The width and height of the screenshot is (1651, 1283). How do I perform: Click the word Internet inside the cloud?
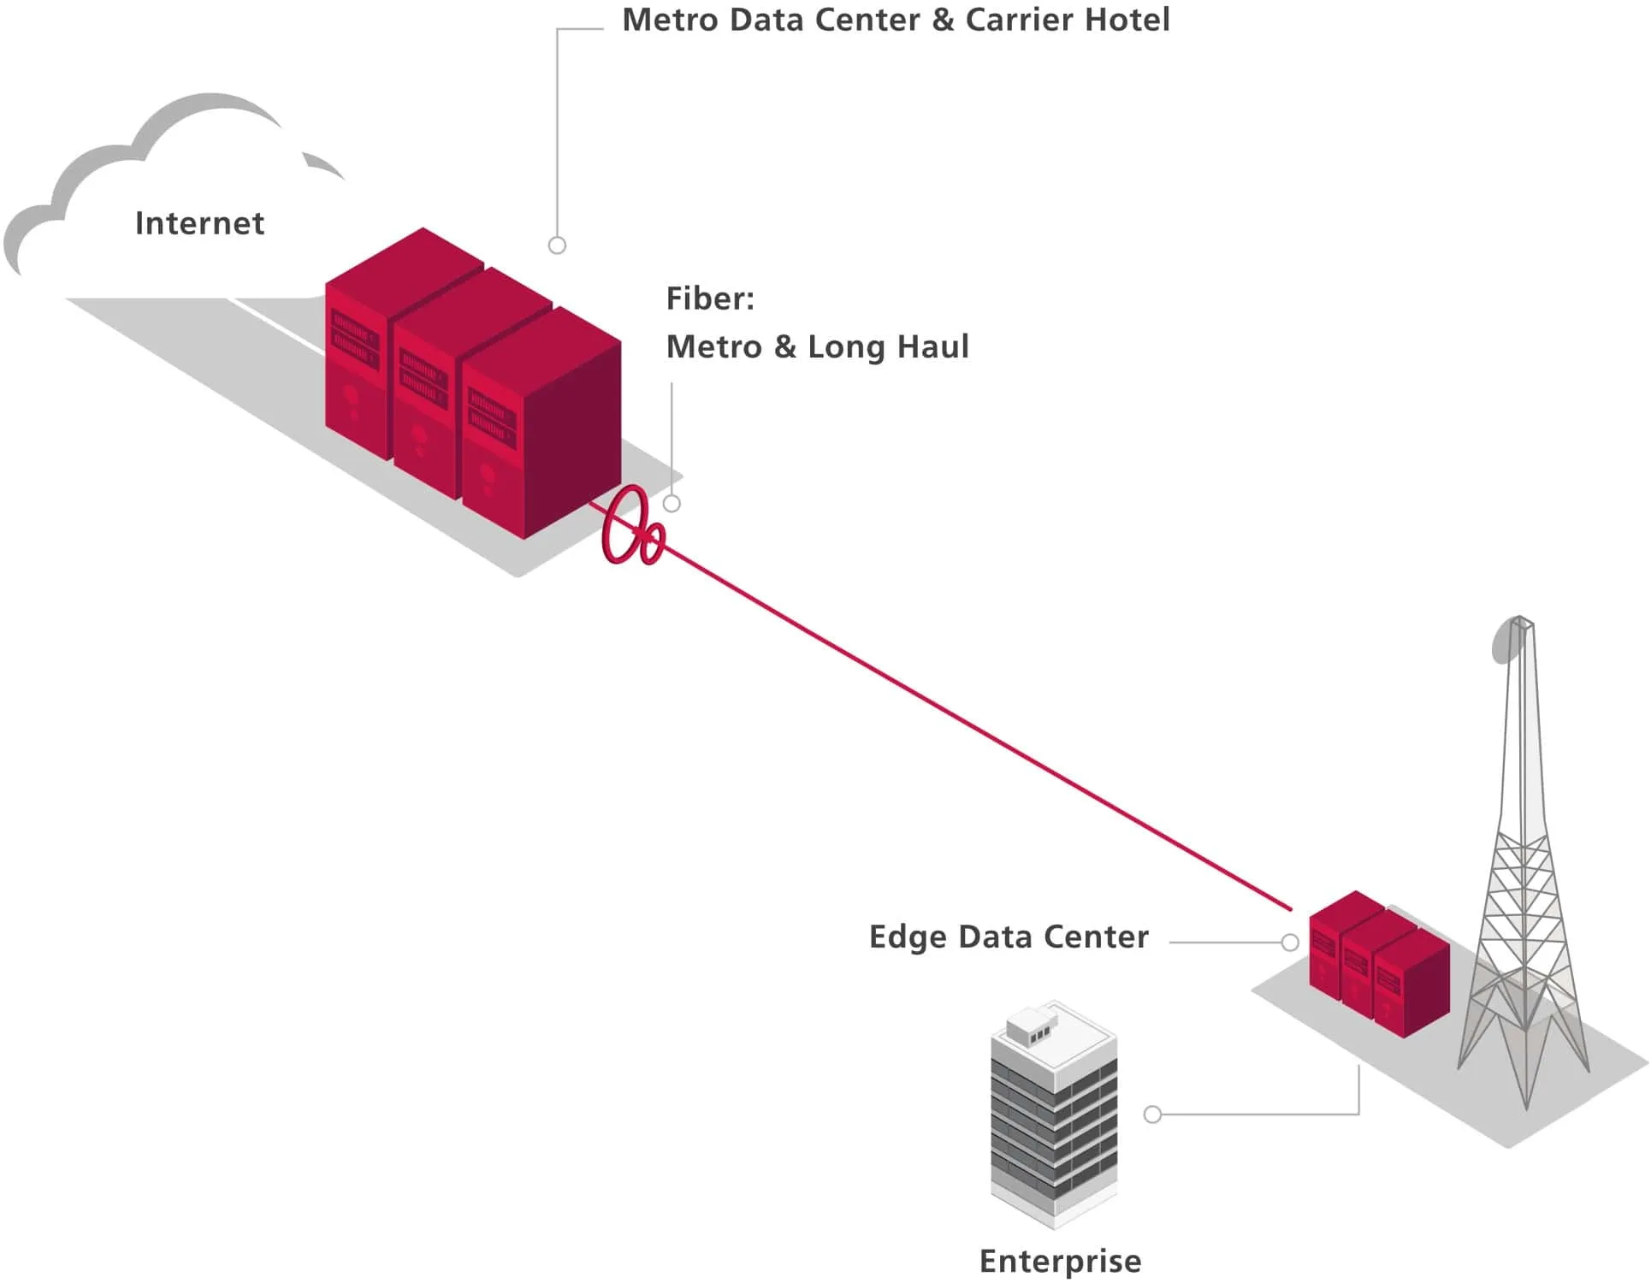click(x=199, y=223)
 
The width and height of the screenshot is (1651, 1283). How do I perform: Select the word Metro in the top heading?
click(x=670, y=20)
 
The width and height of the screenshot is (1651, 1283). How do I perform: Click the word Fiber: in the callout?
click(x=710, y=299)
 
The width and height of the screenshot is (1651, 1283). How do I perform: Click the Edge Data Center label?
click(x=1008, y=937)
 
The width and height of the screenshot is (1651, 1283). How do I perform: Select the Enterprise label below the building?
click(x=1060, y=1261)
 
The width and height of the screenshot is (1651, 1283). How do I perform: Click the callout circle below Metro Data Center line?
click(x=557, y=245)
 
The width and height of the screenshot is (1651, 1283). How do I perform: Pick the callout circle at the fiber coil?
click(x=672, y=504)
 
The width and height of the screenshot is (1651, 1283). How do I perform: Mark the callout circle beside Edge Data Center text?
click(x=1290, y=943)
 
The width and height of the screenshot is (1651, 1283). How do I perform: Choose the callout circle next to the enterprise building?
click(x=1152, y=1114)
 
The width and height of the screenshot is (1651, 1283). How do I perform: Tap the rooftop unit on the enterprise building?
click(x=1033, y=1025)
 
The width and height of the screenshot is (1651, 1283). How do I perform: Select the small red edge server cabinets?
click(x=1377, y=967)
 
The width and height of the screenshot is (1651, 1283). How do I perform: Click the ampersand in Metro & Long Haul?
click(x=784, y=346)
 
